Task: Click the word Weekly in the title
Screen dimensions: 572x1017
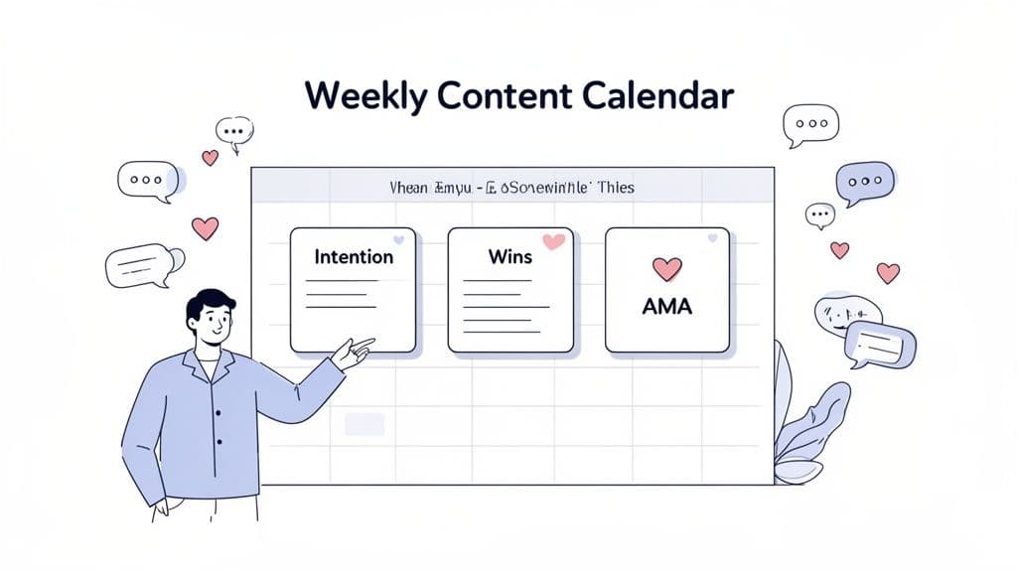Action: pos(363,96)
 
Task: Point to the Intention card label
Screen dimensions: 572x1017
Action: pos(354,257)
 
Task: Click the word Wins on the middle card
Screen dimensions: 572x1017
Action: pos(510,257)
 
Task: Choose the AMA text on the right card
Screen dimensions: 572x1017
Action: pos(667,305)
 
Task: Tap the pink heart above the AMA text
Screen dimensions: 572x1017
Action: pos(667,268)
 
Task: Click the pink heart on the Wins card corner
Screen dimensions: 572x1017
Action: pos(553,240)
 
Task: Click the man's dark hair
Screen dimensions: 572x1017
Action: pos(211,302)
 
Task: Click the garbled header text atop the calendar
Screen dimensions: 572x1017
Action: pos(512,187)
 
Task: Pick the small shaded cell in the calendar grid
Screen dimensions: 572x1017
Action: pos(363,425)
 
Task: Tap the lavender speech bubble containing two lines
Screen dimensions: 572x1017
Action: pos(880,344)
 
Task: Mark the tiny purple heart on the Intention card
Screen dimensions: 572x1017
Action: pos(398,240)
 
